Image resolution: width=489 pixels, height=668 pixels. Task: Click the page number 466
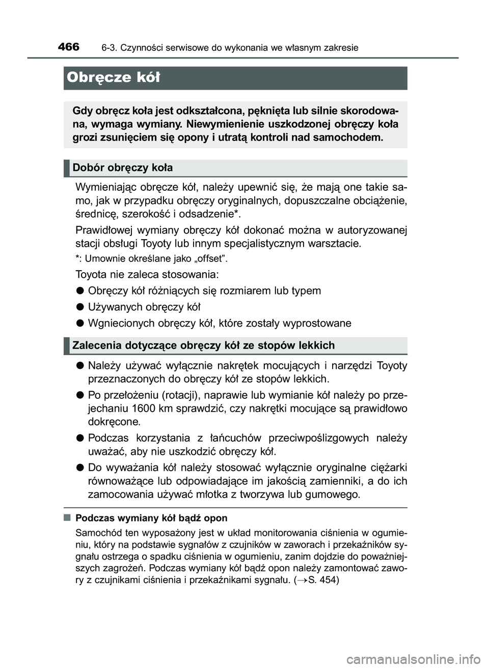pyautogui.click(x=68, y=47)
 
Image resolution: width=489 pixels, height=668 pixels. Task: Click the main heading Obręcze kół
pyautogui.click(x=113, y=78)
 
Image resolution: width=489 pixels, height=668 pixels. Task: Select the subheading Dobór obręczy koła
pyautogui.click(x=123, y=168)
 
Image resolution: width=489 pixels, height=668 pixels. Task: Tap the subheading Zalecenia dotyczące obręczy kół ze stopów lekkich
pyautogui.click(x=204, y=345)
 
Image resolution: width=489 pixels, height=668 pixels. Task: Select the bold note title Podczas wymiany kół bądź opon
pyautogui.click(x=151, y=518)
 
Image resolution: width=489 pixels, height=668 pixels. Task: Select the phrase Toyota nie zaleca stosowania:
pyautogui.click(x=147, y=275)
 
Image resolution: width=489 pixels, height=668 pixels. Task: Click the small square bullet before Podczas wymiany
pyautogui.click(x=67, y=518)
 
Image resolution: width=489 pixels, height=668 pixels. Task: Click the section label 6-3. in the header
pyautogui.click(x=108, y=48)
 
